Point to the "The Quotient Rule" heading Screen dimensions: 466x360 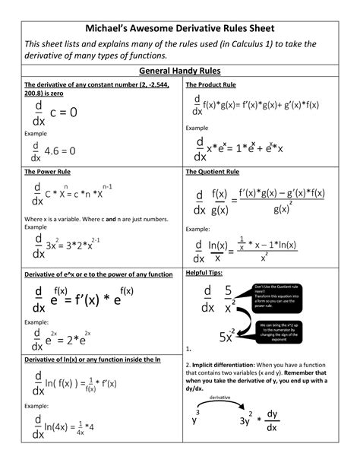[x=213, y=172]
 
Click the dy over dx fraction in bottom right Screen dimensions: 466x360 [x=271, y=421]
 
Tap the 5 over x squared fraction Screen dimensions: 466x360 [x=228, y=300]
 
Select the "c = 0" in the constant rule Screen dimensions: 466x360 [x=64, y=112]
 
